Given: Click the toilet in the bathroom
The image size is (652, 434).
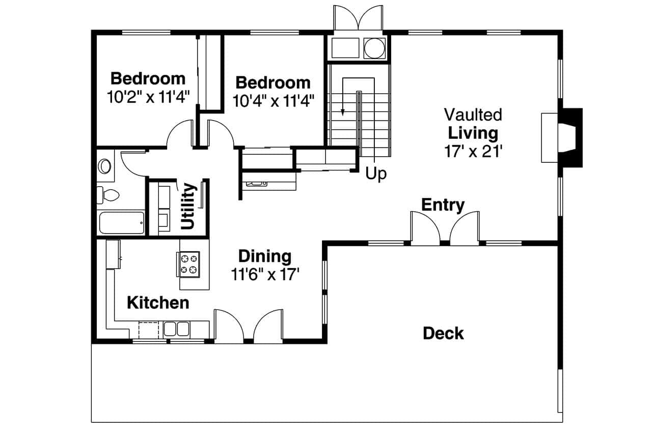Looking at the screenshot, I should [x=109, y=194].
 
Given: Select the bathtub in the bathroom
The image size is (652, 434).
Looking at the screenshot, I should [x=121, y=222].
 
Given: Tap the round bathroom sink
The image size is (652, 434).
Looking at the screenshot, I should [x=105, y=166].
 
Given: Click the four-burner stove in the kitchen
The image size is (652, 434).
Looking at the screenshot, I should [x=189, y=264].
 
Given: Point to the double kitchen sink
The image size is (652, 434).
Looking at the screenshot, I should [x=176, y=329].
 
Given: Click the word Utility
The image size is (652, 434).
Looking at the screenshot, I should [x=188, y=206].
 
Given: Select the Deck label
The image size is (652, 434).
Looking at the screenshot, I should [x=443, y=334].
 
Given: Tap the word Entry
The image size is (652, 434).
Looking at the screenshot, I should [x=443, y=205].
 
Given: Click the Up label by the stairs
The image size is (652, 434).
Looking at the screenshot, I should [x=376, y=174].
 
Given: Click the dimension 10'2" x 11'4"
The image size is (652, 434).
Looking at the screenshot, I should [x=148, y=97].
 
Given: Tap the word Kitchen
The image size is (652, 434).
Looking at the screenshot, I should [x=158, y=303].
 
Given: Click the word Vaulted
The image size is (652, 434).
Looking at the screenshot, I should [x=473, y=114].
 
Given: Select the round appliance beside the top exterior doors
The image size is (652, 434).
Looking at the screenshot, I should [x=374, y=48].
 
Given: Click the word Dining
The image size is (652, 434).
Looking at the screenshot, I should [x=265, y=256].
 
